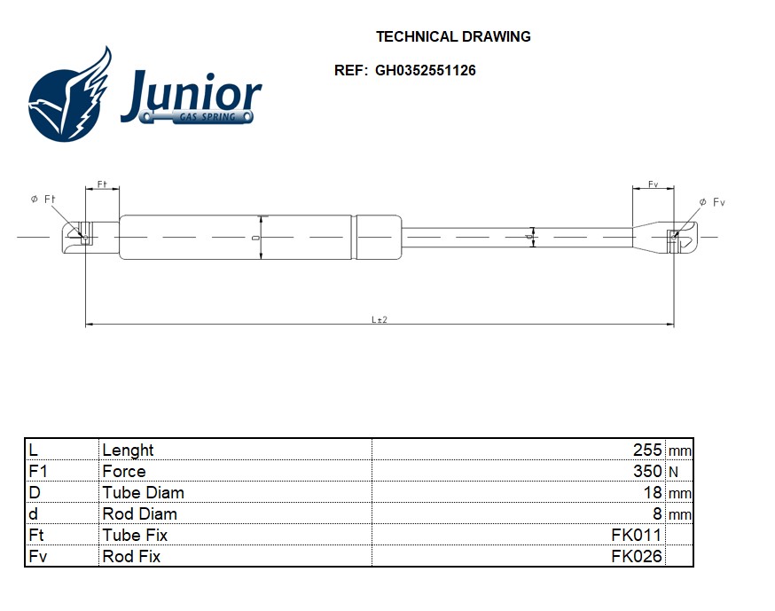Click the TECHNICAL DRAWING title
point(453,37)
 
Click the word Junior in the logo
point(192,92)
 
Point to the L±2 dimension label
point(380,319)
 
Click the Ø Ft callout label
point(43,200)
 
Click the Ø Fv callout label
point(711,202)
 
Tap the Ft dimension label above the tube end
point(102,184)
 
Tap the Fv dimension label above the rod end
point(653,184)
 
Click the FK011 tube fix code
point(637,535)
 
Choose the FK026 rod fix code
point(637,556)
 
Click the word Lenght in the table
point(128,450)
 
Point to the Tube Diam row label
point(143,492)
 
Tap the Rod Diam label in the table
point(139,513)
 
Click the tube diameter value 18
point(654,492)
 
